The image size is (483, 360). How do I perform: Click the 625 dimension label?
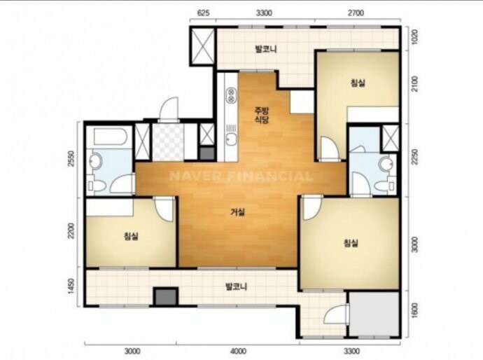coord(203,13)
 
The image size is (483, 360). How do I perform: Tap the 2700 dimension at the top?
coord(356,13)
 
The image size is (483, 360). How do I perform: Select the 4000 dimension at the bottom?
coord(238,351)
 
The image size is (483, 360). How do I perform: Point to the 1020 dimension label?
coord(414,36)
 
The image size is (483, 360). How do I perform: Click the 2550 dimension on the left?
coord(71,158)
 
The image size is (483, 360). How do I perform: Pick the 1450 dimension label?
coord(71,286)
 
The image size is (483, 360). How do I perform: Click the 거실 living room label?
coord(238,212)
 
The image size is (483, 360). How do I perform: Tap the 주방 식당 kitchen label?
coord(262,115)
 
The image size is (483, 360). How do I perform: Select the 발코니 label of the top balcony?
coord(266,49)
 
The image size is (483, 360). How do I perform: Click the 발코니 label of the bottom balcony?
coord(237,287)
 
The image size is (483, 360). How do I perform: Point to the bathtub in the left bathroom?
coord(111,137)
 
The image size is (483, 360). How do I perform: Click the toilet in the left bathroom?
coord(97,186)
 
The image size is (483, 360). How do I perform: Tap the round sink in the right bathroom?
coord(386,164)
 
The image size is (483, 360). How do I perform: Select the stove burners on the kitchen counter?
coord(231,95)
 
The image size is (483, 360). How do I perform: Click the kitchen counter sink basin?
coord(231,139)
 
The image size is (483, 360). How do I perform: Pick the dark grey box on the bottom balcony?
coord(166,297)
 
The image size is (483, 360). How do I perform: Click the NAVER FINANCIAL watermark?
coord(241,176)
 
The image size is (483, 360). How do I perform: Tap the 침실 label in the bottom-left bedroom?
coord(131,237)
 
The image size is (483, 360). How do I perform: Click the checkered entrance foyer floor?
coord(168,141)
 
